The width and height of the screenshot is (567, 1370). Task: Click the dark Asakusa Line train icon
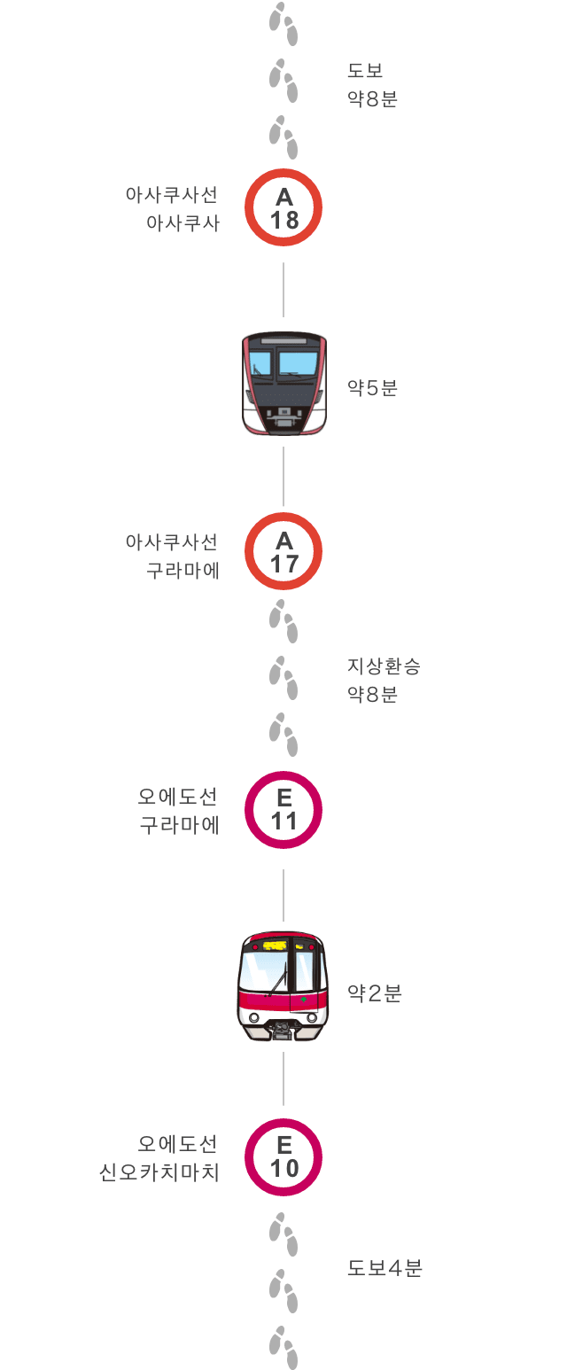click(283, 384)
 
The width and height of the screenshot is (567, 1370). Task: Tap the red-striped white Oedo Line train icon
click(283, 986)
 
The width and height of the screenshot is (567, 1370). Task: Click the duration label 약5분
click(372, 388)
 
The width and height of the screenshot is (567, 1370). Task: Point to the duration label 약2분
click(375, 993)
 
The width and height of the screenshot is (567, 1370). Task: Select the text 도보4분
click(384, 1268)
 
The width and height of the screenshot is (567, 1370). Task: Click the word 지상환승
click(384, 666)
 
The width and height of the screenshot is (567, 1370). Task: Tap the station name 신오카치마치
click(159, 1172)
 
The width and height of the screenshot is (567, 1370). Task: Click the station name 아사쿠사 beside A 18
click(183, 223)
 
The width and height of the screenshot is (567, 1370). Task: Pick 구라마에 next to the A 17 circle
click(183, 571)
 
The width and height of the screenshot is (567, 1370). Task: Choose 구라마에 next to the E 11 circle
click(179, 826)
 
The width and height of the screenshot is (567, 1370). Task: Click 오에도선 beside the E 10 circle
click(177, 1144)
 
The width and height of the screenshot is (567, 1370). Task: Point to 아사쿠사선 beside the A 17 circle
click(172, 541)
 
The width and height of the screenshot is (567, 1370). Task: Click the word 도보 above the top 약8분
click(365, 70)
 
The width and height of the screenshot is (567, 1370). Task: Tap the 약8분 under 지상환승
click(372, 695)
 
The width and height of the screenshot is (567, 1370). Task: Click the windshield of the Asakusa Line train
click(283, 362)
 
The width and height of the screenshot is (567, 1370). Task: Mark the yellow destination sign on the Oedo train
click(275, 946)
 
